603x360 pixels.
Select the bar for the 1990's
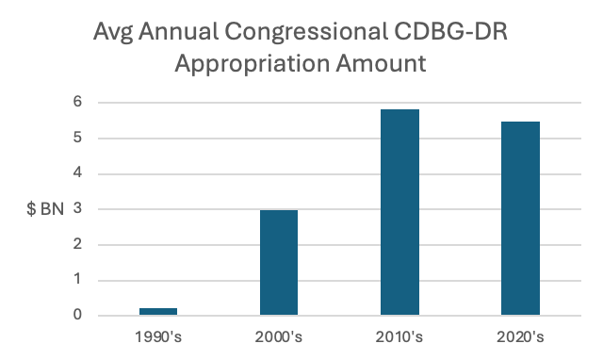coord(158,312)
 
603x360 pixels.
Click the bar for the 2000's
coord(279,263)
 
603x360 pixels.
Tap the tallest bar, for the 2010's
coord(399,212)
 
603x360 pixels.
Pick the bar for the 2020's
coord(520,219)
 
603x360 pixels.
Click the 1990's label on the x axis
coord(158,337)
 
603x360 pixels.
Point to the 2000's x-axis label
coord(279,337)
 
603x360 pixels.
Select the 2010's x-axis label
coord(399,337)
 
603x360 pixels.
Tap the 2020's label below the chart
coord(520,337)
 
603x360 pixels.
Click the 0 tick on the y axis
coord(77,315)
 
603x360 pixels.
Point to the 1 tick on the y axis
coord(78,279)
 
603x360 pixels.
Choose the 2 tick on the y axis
coord(77,243)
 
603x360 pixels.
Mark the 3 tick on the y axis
coord(77,208)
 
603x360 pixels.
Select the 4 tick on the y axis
coord(77,172)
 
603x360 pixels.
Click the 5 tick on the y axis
coord(77,137)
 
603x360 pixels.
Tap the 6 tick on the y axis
coord(77,102)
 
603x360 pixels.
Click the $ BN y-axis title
coord(45,209)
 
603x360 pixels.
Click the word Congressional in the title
coord(305,32)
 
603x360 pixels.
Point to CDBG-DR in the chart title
coord(450,31)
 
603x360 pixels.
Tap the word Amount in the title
coord(381,63)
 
